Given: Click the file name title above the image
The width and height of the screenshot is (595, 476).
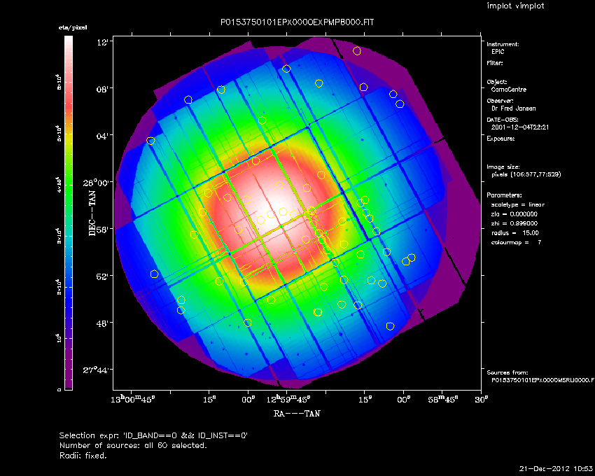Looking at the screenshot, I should click(297, 22).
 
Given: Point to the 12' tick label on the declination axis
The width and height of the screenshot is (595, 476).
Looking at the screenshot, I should click(101, 42).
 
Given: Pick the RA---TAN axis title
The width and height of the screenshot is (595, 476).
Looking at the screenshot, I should click(297, 414).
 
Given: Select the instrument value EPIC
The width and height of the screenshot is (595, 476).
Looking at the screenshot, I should click(498, 52).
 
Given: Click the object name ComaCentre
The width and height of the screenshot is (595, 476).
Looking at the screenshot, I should click(510, 90).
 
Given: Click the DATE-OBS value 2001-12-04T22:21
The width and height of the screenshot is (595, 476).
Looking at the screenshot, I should click(518, 128).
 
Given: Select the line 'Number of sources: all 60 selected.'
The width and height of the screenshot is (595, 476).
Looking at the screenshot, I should click(133, 445).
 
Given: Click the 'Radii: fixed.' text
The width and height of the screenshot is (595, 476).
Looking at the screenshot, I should click(83, 455).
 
